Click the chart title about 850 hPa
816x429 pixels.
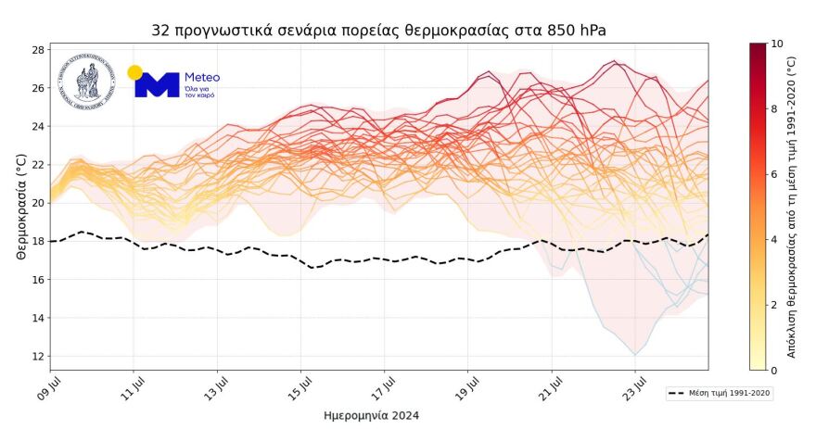(x=379, y=31)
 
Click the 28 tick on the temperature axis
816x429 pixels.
(x=38, y=49)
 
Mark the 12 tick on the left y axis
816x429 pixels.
(x=38, y=356)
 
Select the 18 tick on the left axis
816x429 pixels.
(x=38, y=241)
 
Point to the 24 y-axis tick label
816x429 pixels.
(x=38, y=126)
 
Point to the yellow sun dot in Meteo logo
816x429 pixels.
(x=134, y=71)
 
